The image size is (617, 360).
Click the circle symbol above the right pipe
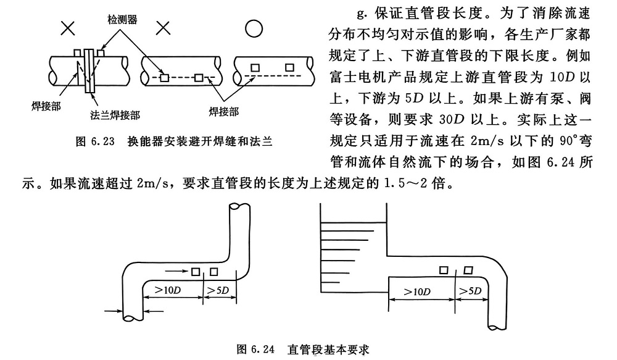pos(254,28)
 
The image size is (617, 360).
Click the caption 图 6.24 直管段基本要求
pos(304,349)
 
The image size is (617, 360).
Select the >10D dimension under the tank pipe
pos(418,290)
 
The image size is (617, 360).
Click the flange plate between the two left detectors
pos(89,69)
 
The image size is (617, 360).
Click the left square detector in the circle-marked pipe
pos(254,66)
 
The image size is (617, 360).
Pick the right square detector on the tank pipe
pos(468,270)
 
